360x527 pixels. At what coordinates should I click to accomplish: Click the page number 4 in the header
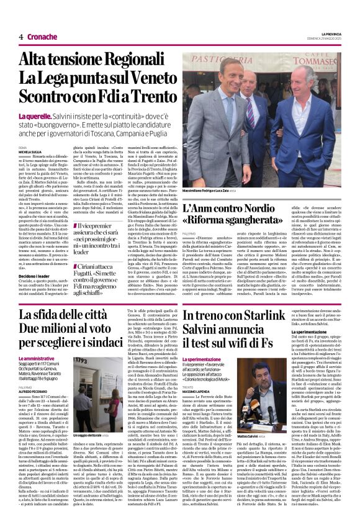[x=21, y=37]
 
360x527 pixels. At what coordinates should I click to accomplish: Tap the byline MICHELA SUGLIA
[x=30, y=151]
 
